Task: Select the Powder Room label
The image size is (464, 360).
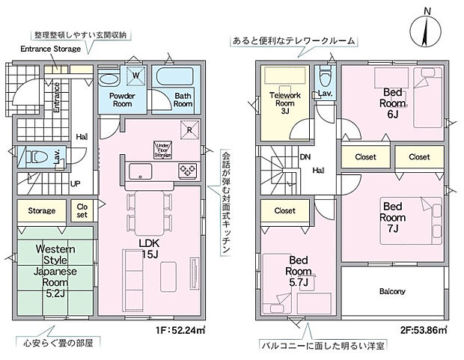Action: (x=120, y=100)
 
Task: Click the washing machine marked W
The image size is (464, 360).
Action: (x=138, y=76)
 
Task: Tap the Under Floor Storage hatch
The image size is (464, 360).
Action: (x=162, y=148)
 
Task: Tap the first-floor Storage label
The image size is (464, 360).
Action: (x=42, y=211)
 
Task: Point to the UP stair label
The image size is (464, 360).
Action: (x=76, y=183)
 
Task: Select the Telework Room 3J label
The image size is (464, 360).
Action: (x=284, y=103)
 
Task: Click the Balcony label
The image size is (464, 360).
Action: (x=391, y=291)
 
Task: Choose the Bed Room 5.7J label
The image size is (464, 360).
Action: (x=299, y=271)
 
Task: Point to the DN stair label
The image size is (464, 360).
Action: (x=305, y=159)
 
